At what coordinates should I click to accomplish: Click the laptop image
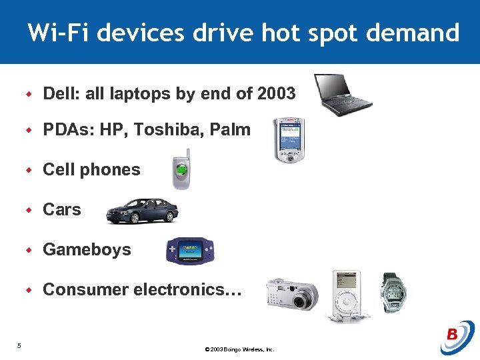click(342, 94)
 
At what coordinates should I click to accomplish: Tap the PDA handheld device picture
click(289, 141)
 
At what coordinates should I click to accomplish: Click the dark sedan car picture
click(142, 210)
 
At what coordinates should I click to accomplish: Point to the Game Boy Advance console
click(191, 251)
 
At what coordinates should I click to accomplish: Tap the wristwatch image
click(393, 293)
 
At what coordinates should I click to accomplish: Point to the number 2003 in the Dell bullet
click(275, 94)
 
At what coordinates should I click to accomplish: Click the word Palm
click(230, 129)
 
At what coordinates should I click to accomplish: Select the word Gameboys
click(87, 250)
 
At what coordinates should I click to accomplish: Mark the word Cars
click(62, 210)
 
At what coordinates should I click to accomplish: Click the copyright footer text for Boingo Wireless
click(239, 349)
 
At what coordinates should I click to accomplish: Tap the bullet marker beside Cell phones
click(29, 171)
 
